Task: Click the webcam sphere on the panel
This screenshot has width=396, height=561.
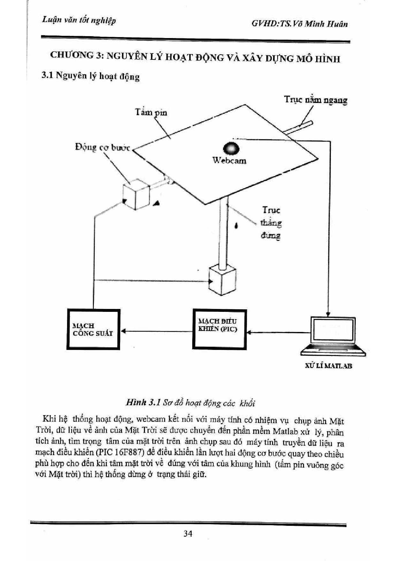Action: tap(231, 148)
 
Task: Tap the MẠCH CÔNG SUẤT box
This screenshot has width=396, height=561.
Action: tap(93, 329)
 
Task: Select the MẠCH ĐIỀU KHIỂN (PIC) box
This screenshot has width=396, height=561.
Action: tap(219, 329)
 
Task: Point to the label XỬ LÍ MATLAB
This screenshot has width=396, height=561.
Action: tap(328, 366)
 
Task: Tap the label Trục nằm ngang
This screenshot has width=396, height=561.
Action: tap(316, 100)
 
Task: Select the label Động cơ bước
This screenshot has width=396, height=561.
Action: tap(103, 147)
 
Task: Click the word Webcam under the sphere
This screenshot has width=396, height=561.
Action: tap(230, 161)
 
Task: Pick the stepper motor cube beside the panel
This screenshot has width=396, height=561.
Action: tap(136, 194)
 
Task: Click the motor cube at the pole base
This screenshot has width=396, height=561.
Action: tap(223, 280)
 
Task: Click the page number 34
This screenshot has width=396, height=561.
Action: tap(188, 533)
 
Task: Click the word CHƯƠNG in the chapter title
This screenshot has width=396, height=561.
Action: tap(72, 55)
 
